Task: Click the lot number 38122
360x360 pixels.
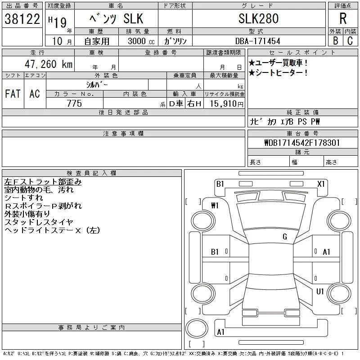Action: click(22, 19)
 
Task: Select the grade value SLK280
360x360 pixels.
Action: click(258, 18)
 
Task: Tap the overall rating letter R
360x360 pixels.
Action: click(343, 18)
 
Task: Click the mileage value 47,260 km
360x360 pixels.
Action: click(49, 64)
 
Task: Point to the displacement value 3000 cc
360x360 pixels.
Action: click(141, 41)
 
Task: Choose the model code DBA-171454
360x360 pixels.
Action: click(257, 41)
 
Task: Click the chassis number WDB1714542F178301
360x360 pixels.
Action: click(302, 143)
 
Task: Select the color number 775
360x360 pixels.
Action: click(74, 103)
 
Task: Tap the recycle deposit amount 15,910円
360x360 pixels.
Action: click(227, 104)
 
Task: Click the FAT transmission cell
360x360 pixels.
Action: click(13, 94)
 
